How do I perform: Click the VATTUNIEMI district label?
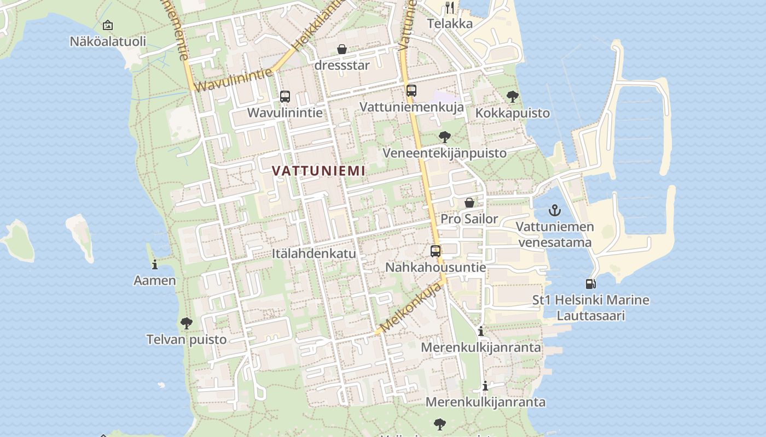[x=318, y=170]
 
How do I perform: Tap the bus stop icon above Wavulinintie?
[x=285, y=97]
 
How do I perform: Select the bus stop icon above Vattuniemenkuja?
[x=411, y=91]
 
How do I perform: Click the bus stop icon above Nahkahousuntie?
[x=436, y=251]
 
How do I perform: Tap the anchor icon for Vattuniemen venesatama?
[x=555, y=210]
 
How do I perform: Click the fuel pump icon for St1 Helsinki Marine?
[x=590, y=284]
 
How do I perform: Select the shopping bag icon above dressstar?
[x=342, y=50]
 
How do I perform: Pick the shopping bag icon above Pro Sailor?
[x=469, y=203]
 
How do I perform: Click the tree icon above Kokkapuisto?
[x=513, y=97]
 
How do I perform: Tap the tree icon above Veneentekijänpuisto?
[x=445, y=137]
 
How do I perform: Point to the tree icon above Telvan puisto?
[x=187, y=323]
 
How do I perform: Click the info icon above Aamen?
[x=155, y=264]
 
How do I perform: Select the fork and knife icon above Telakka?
[x=450, y=8]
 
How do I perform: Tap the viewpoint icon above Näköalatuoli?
[x=108, y=25]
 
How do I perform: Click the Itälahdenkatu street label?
[x=314, y=253]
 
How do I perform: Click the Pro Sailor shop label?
[x=469, y=219]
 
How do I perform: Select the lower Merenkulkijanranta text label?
[x=485, y=402]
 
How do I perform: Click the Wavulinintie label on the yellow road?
[x=233, y=80]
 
